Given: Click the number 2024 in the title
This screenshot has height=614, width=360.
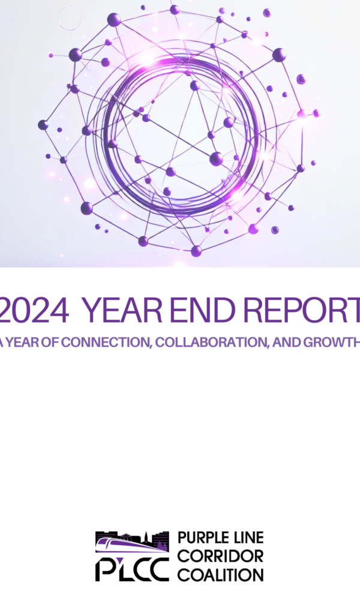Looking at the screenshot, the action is (x=34, y=309).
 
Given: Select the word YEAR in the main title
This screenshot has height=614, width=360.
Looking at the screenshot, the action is (x=122, y=309).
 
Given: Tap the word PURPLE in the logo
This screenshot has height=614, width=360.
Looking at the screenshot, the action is (x=198, y=537).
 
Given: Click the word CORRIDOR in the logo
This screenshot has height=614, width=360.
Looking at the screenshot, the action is (x=221, y=556).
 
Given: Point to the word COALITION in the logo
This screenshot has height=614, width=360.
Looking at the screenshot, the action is (x=221, y=575).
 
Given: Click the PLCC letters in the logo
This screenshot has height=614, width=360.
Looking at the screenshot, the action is (x=132, y=569).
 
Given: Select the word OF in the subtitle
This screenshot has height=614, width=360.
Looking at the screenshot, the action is (x=50, y=342).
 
